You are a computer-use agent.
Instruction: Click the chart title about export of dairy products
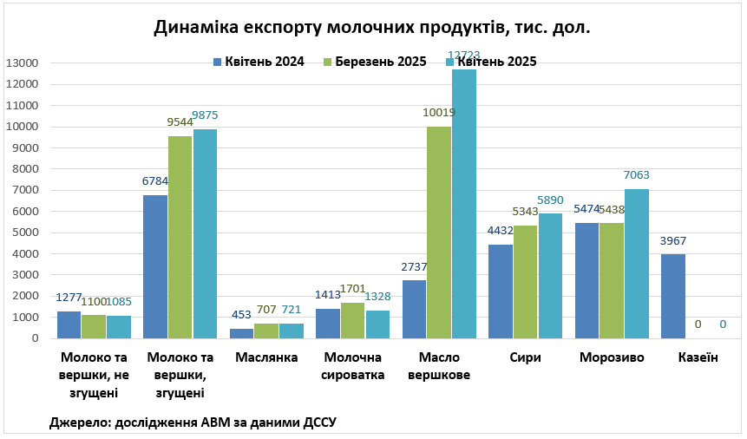(372, 28)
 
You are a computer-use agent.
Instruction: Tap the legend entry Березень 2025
(374, 62)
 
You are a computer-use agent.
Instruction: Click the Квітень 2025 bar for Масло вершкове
(464, 204)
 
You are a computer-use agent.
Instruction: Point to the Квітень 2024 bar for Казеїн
(673, 296)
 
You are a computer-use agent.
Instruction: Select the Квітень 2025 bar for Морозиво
(637, 264)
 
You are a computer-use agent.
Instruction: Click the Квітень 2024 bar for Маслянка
(242, 333)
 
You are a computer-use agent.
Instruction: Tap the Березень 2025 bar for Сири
(526, 282)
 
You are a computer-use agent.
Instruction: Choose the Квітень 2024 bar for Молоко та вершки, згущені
(155, 266)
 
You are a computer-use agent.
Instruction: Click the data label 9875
(205, 115)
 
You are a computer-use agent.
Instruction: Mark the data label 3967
(674, 240)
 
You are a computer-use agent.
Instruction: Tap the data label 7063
(636, 175)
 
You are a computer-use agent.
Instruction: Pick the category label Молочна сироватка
(353, 366)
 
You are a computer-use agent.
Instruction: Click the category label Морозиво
(612, 357)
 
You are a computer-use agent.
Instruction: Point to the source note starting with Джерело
(193, 422)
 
